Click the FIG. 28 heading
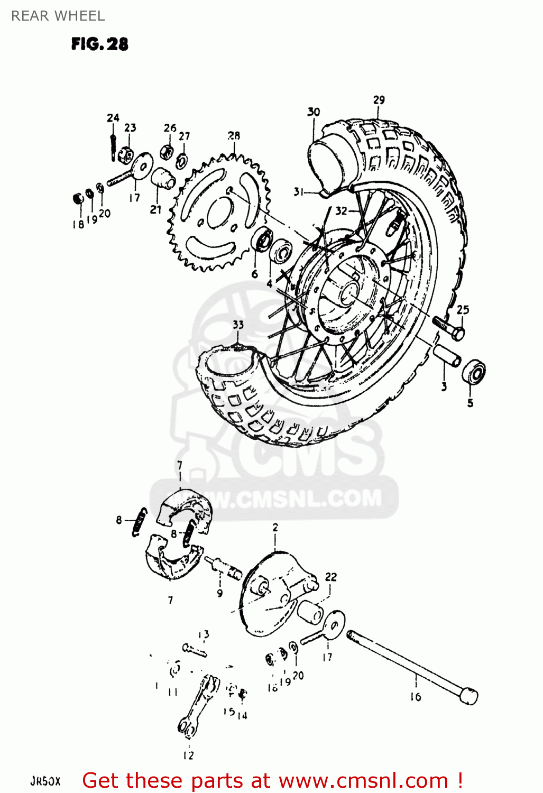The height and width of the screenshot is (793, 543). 99,44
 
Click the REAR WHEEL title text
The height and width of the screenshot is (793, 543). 58,16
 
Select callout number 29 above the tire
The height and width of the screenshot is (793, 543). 379,100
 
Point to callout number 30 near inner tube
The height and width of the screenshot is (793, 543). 314,112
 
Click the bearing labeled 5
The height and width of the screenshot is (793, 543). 473,372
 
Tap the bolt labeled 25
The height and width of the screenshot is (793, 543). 449,327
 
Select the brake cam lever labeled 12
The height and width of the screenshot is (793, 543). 198,706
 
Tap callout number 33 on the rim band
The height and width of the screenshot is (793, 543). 238,324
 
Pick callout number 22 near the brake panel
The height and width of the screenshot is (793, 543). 330,577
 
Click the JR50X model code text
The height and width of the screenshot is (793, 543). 45,781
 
